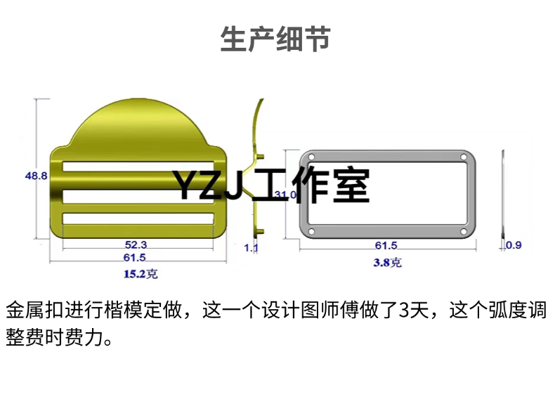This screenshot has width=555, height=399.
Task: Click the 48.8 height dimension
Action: click(x=36, y=176)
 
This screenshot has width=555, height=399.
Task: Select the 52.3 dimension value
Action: click(x=136, y=245)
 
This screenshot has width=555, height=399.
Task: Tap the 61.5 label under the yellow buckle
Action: click(x=136, y=258)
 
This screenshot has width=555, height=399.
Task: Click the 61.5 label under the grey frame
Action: click(x=386, y=245)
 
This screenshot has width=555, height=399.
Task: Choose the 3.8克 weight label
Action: click(x=387, y=263)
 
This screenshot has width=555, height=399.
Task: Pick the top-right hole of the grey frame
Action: click(x=463, y=157)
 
